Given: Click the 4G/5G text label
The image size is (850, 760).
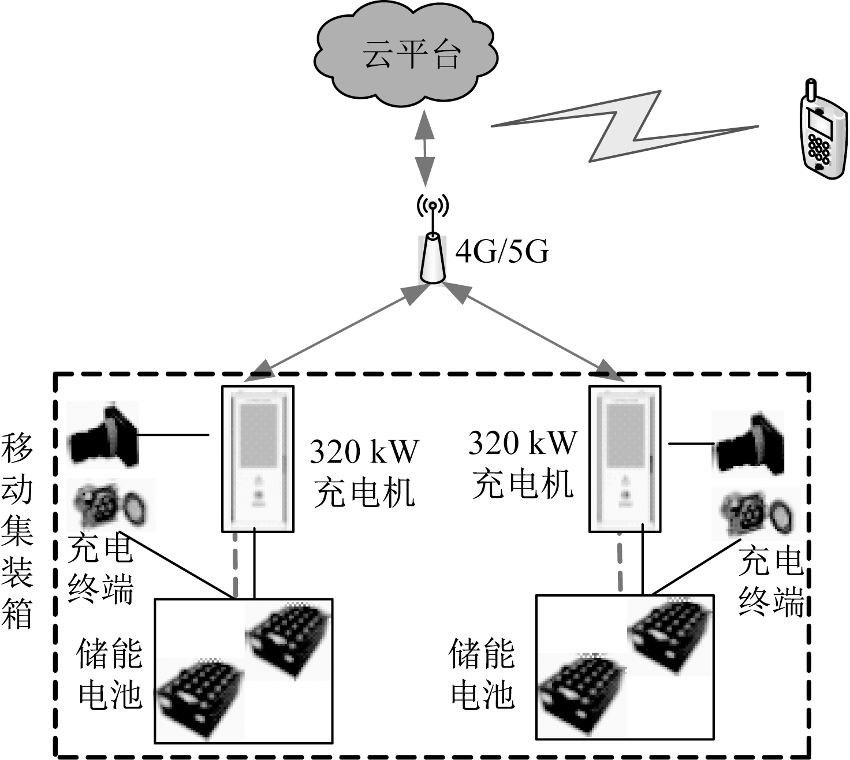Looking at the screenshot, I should point(502,252).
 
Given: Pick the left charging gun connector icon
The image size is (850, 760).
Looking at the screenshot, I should point(104,434).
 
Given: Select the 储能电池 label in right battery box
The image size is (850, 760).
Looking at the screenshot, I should point(482,673).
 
